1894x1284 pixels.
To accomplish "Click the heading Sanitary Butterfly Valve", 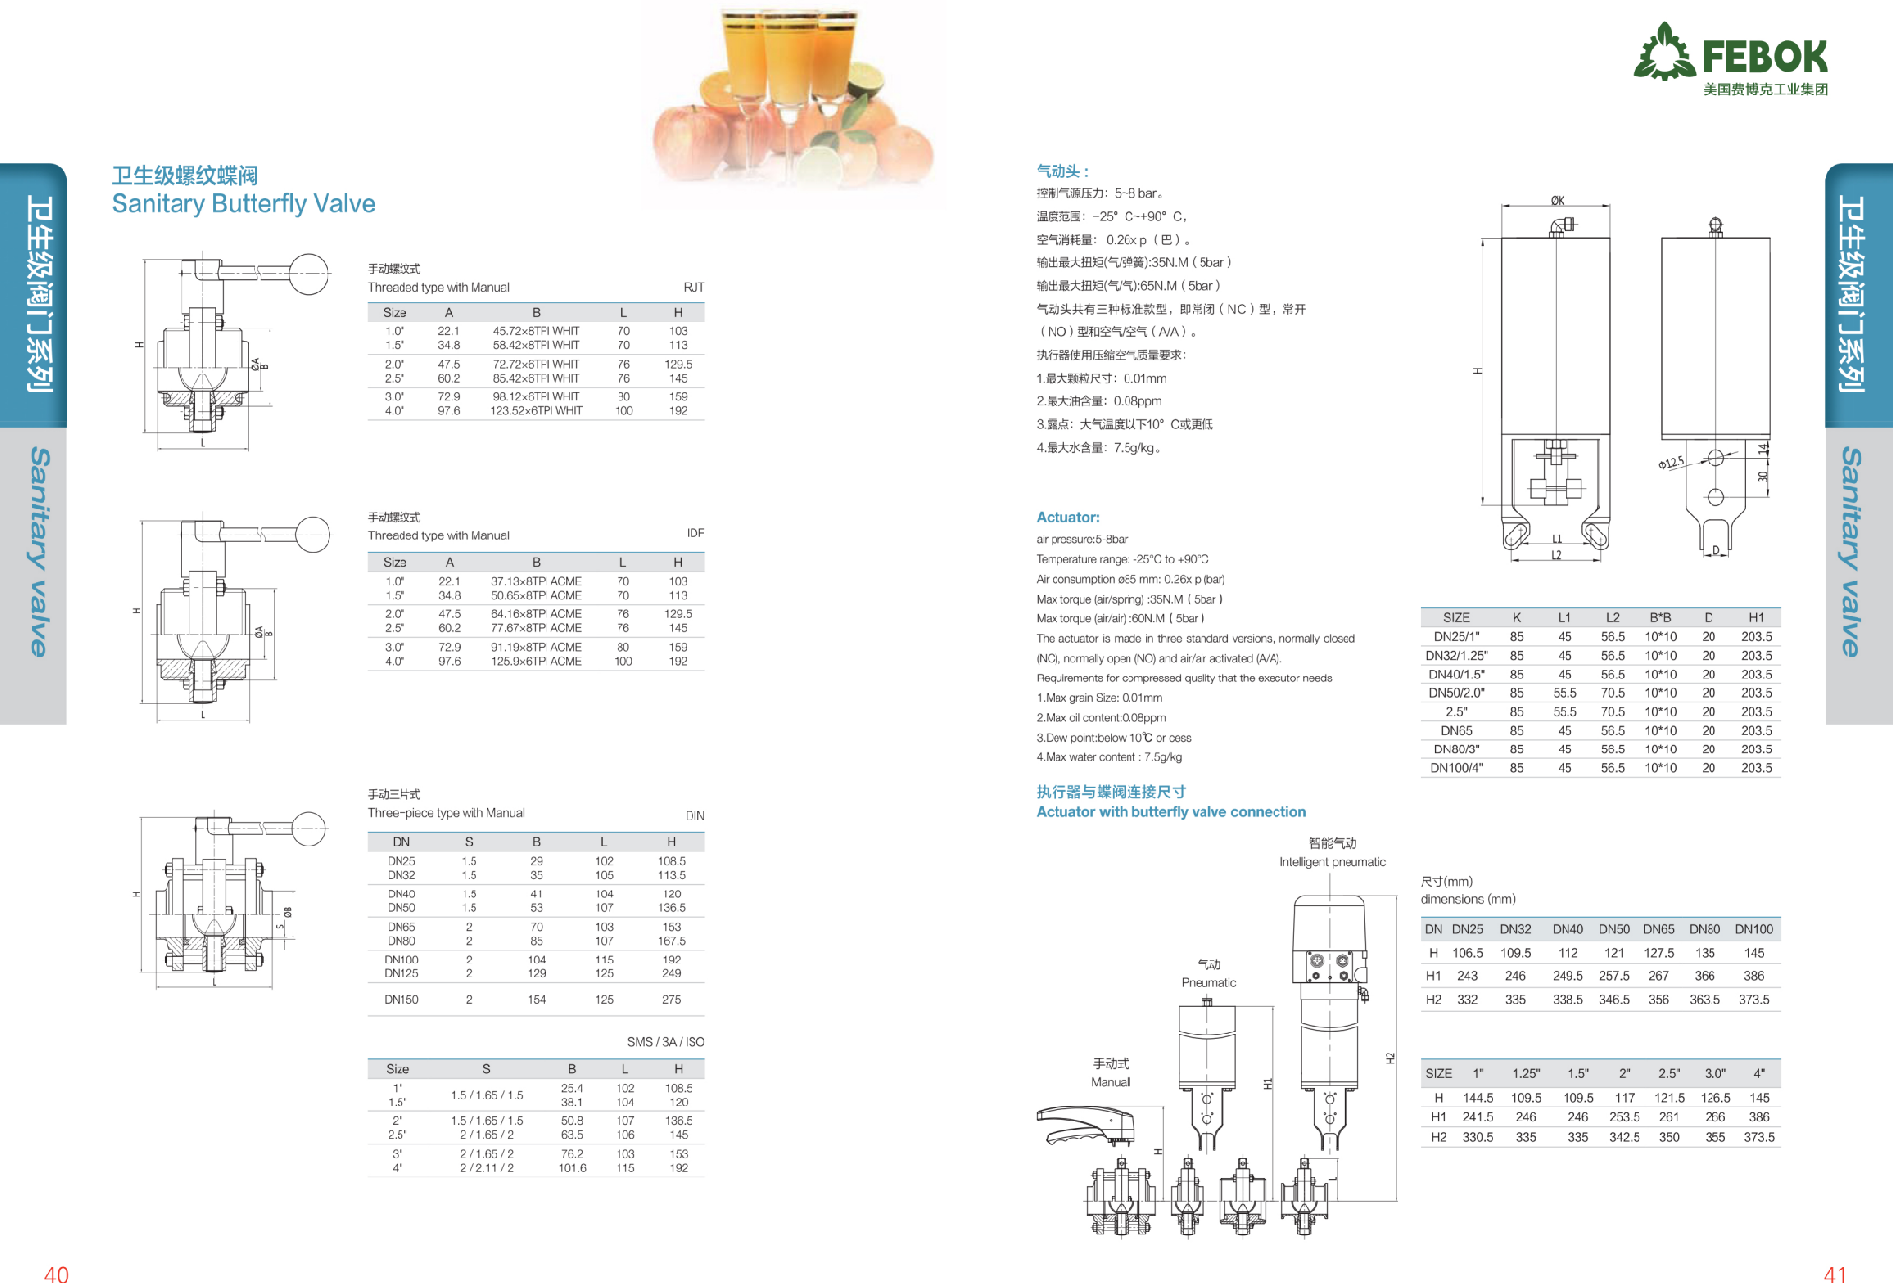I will click(244, 204).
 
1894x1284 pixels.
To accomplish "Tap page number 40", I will click(56, 1274).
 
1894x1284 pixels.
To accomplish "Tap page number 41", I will click(1835, 1274).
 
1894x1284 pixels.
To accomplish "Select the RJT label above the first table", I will click(693, 288).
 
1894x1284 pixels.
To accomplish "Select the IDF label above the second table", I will click(695, 534).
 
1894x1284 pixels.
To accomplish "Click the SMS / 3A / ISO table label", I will click(665, 1042).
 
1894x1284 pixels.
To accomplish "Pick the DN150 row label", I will click(401, 1000).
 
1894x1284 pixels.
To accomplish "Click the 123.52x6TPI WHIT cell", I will click(537, 411).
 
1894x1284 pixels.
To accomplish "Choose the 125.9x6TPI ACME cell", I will click(537, 662).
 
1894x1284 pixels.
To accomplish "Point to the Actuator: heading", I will click(1067, 517).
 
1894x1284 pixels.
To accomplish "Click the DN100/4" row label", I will click(1456, 768).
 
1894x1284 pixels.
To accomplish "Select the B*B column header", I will click(1660, 618).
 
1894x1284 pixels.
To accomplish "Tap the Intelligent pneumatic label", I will click(1333, 862).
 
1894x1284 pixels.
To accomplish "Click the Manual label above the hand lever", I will click(1111, 1082).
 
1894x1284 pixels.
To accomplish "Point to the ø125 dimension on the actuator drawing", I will click(1671, 463).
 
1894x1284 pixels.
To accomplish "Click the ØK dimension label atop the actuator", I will click(1557, 201).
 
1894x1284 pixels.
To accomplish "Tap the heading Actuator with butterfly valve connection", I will click(1171, 812).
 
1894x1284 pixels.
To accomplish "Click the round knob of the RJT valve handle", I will click(309, 273).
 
